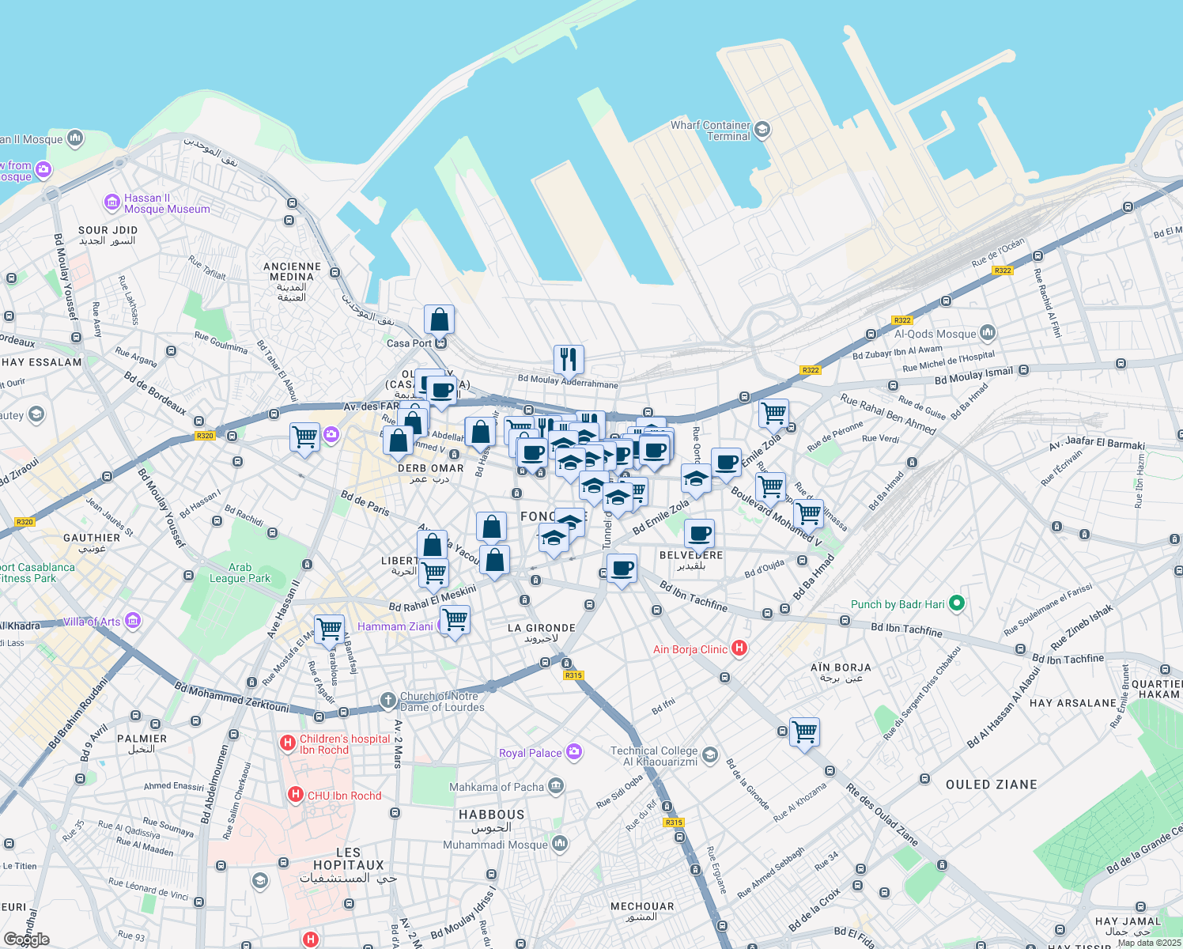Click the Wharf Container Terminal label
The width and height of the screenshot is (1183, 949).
[x=710, y=130]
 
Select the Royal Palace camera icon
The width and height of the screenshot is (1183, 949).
[x=574, y=752]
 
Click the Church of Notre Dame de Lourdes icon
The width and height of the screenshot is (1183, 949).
[x=387, y=700]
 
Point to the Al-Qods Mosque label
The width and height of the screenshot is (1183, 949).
[x=935, y=334]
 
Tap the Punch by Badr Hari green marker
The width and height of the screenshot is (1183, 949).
[x=956, y=603]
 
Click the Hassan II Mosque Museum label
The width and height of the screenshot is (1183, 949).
[x=167, y=204]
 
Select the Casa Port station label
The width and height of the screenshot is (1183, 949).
[x=410, y=343]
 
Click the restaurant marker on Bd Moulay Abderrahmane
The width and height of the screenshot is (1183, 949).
[x=569, y=360]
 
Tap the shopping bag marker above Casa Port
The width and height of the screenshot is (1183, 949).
[x=439, y=320]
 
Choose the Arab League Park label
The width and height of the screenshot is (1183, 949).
[x=240, y=573]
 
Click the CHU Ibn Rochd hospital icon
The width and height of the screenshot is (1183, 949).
[x=295, y=795]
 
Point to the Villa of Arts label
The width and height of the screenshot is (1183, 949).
[x=92, y=622]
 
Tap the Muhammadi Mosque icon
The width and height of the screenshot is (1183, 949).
[x=560, y=844]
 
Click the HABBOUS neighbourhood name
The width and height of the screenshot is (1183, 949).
[x=491, y=815]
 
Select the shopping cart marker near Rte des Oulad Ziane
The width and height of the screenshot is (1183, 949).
[x=804, y=733]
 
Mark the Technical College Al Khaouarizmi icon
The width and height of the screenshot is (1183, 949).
[x=709, y=755]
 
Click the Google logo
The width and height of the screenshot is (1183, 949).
[x=27, y=940]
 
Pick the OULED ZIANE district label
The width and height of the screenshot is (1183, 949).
[x=991, y=785]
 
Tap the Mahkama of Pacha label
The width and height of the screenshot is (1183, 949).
[x=497, y=787]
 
